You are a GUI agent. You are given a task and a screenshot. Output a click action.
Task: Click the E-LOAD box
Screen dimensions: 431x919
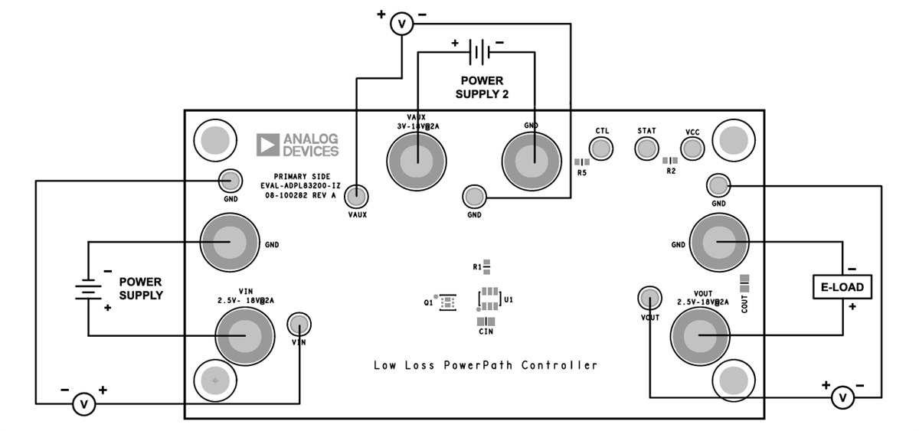(x=842, y=287)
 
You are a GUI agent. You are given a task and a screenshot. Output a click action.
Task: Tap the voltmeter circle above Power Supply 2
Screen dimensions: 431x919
(x=401, y=24)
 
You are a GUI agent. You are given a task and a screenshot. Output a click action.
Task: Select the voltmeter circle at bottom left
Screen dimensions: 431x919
(x=84, y=403)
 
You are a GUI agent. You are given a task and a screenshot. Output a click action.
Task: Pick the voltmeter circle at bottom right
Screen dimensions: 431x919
(x=842, y=397)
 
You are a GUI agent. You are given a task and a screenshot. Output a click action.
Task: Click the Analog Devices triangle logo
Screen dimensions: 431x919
(x=268, y=145)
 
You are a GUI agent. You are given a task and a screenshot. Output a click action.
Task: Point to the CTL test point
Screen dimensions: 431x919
(x=602, y=148)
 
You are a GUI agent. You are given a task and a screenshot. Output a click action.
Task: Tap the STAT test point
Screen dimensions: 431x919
(x=646, y=148)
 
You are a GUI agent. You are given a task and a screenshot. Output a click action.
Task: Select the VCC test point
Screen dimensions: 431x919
(x=692, y=149)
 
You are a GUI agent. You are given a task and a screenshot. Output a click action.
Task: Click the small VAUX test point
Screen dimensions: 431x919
(x=355, y=197)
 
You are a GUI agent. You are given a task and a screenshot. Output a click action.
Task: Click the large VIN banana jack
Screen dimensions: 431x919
(x=245, y=335)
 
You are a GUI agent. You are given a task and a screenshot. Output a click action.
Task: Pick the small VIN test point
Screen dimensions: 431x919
(x=299, y=325)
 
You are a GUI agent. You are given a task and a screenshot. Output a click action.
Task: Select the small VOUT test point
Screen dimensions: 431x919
(x=649, y=297)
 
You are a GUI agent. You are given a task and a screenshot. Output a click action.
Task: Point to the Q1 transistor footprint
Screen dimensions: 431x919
(x=448, y=302)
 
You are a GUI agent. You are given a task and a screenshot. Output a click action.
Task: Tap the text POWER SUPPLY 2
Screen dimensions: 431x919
(x=481, y=87)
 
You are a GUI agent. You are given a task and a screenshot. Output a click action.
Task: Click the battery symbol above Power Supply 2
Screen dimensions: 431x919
(x=479, y=52)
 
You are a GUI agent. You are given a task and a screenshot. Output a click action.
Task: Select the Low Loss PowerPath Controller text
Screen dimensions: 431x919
(x=486, y=365)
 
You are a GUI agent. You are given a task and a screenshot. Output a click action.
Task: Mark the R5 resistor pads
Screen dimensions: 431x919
(x=582, y=162)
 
